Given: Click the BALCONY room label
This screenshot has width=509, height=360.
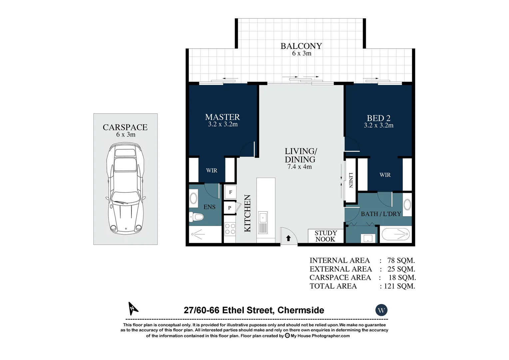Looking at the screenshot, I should (301, 46).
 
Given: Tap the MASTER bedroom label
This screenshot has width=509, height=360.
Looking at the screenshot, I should (223, 117).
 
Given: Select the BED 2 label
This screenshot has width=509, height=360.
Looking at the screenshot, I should (378, 118).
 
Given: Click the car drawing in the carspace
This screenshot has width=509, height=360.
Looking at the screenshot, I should (125, 189).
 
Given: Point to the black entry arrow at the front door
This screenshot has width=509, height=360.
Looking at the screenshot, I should (288, 238).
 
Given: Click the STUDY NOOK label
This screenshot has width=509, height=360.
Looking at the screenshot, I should (325, 236).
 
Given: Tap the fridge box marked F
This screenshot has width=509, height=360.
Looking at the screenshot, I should (231, 192).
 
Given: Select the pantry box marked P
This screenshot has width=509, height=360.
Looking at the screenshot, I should (230, 208).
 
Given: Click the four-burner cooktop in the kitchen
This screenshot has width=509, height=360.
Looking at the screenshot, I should (230, 229).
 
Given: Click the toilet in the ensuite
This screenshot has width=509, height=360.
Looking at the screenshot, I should (197, 217).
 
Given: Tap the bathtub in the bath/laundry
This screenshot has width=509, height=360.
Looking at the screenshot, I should (395, 234).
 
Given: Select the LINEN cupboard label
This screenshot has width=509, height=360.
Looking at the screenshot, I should (351, 180).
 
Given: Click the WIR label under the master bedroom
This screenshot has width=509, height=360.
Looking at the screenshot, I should (212, 171).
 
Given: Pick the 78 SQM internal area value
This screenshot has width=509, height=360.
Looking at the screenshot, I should (401, 261).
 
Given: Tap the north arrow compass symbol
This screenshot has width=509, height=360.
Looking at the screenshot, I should (133, 308).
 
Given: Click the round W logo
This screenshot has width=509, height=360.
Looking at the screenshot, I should (381, 310).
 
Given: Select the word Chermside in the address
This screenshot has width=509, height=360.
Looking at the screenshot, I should (300, 310).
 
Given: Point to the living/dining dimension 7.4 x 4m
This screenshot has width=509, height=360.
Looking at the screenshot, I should (299, 167).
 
